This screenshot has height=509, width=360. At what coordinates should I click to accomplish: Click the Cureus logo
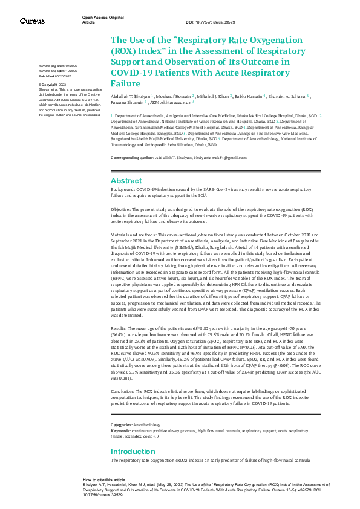pos(31,21)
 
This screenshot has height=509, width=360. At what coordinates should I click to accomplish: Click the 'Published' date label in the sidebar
pos(47,77)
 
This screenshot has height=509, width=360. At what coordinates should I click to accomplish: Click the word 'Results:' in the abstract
pos(119,326)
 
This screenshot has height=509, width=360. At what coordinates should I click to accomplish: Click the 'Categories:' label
pos(122,426)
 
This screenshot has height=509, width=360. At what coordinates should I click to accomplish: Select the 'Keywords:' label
pos(120,431)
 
